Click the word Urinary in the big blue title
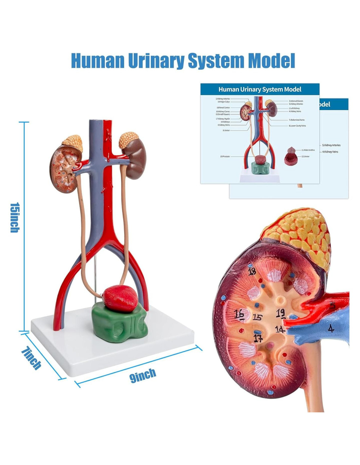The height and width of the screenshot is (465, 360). (x=156, y=61)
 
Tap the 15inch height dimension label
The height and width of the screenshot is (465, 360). (x=14, y=217)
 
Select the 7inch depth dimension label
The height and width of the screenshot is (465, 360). (x=31, y=358)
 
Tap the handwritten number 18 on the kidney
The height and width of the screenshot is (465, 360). (x=252, y=271)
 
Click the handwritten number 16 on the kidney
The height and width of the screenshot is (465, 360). (x=239, y=314)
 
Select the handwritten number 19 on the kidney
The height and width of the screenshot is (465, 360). (x=280, y=313)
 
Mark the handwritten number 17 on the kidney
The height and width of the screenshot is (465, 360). (x=258, y=338)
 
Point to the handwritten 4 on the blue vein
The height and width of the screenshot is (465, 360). (x=331, y=328)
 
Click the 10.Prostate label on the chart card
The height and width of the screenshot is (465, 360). (x=225, y=157)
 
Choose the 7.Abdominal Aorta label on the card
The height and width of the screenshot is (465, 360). (x=297, y=120)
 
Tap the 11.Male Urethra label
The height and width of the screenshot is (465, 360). (x=308, y=150)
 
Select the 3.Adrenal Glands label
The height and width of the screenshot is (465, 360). (x=296, y=101)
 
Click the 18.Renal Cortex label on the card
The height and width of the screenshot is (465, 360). (x=223, y=108)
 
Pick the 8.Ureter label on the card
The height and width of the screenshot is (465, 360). (x=226, y=130)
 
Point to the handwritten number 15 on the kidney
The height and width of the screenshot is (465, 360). (x=258, y=317)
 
